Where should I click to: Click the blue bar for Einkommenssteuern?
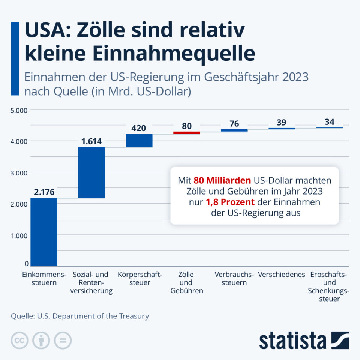point(44,232)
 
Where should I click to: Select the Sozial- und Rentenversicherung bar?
point(91,172)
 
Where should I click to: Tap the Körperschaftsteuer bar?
point(139,141)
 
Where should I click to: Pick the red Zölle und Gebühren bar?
point(186,133)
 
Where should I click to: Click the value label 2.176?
point(44,192)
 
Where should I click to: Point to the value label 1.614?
point(91,141)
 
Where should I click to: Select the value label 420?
point(139,128)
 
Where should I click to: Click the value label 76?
point(234,124)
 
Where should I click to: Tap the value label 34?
point(330,122)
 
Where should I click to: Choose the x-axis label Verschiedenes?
point(282,274)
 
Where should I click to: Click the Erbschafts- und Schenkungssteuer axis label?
point(329,286)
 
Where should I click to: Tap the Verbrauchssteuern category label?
point(234,278)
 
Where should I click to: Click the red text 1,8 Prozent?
point(230,202)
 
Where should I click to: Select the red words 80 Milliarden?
point(222,180)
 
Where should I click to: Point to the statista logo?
point(304,340)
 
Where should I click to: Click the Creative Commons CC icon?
point(19,340)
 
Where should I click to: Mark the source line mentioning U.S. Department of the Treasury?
point(80,316)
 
